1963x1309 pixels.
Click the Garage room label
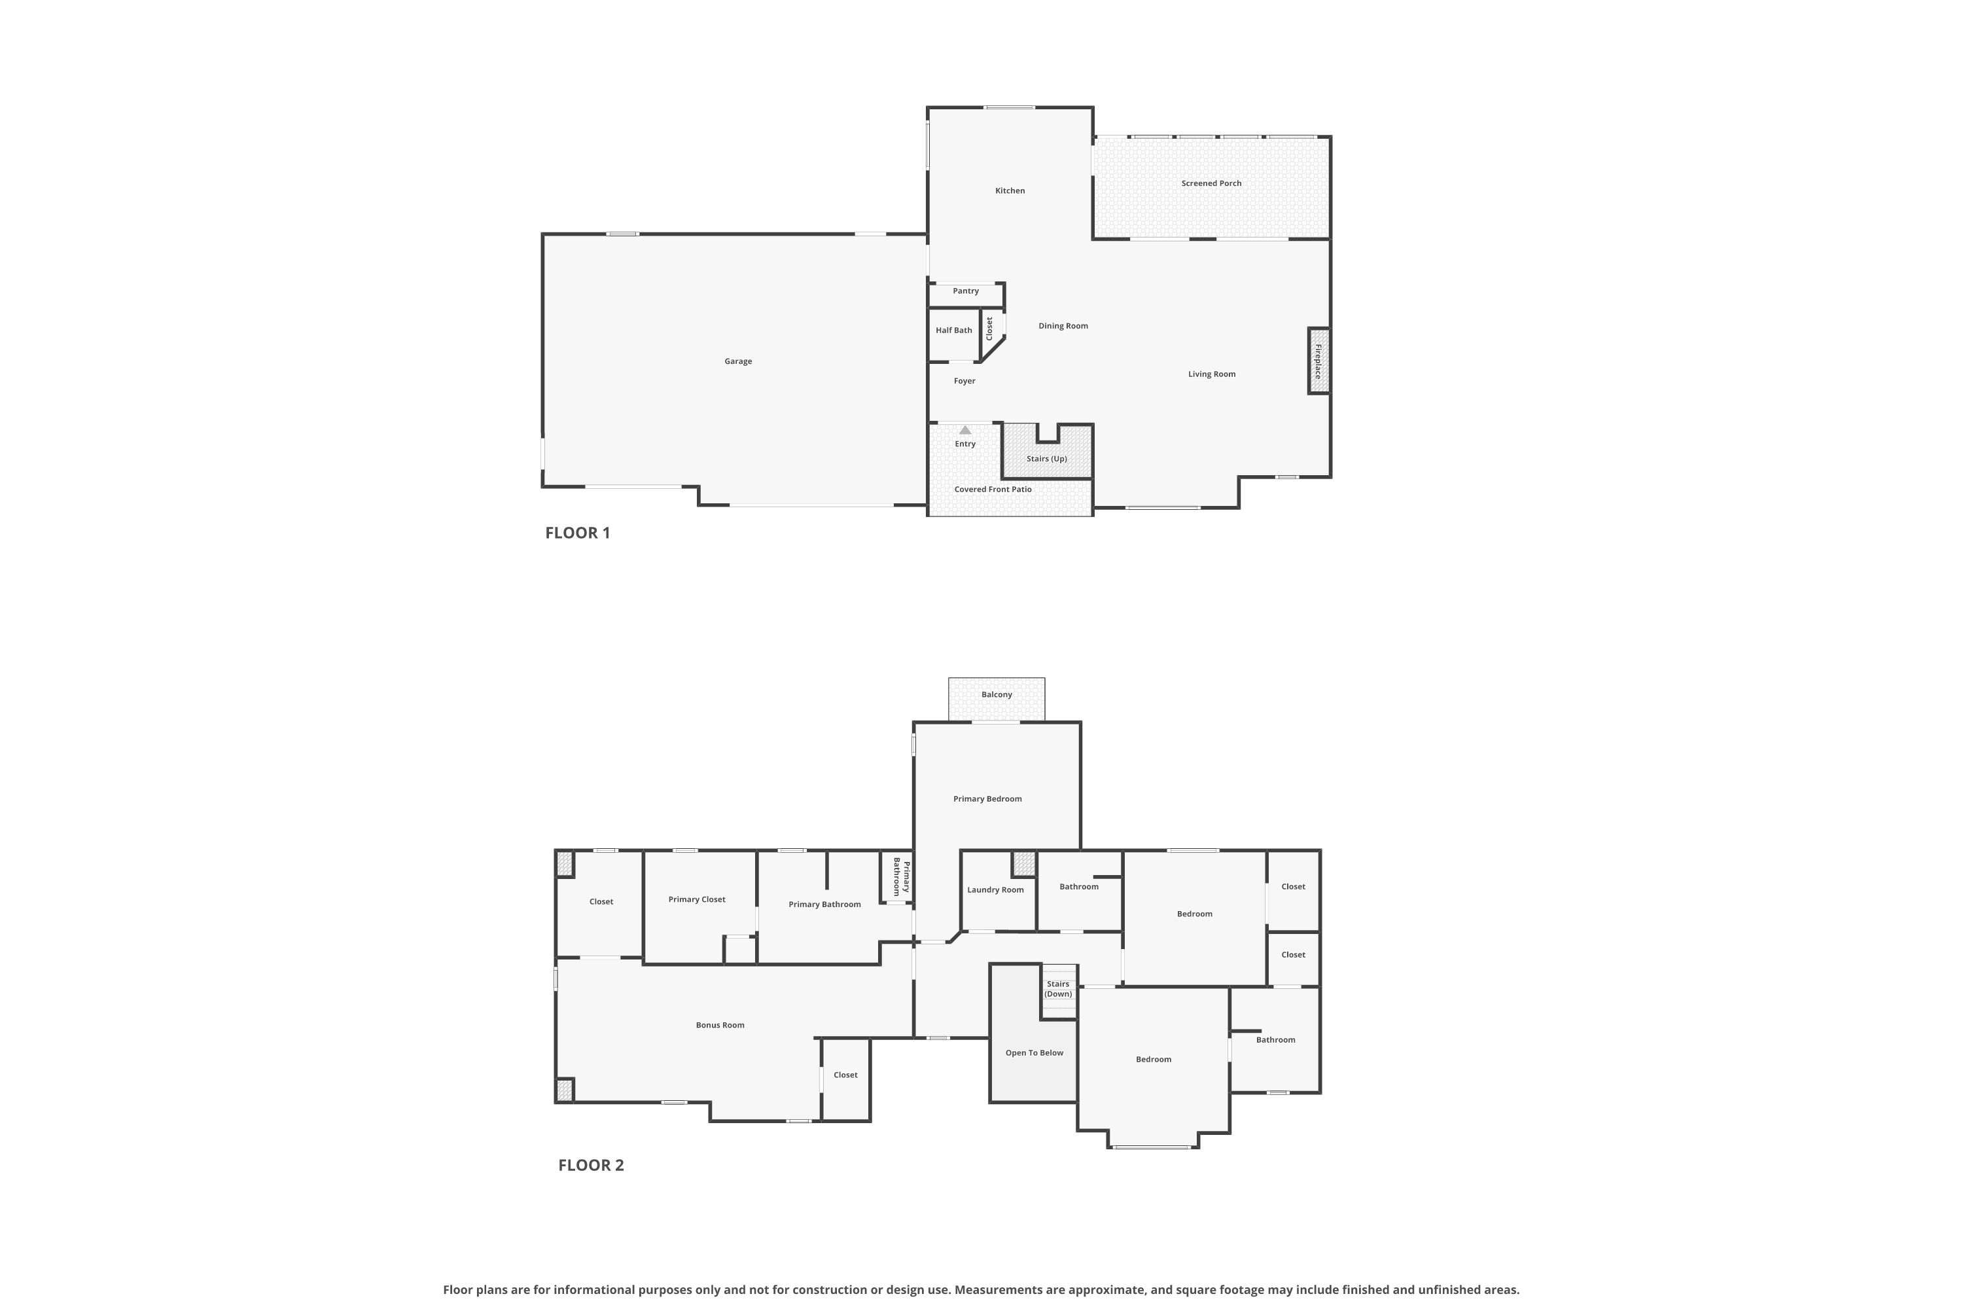coord(738,361)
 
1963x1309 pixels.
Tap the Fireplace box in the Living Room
coord(1318,361)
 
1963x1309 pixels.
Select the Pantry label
coord(966,291)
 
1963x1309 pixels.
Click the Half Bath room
coord(954,334)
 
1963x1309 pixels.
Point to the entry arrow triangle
coord(964,430)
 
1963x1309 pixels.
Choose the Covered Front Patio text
coord(993,489)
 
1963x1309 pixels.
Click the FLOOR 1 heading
coord(578,533)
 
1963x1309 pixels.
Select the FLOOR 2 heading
coord(591,1166)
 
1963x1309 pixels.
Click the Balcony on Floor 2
coord(997,700)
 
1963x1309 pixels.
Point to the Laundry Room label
coord(995,890)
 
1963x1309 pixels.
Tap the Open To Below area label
coord(1034,1052)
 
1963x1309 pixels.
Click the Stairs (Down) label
coord(1058,989)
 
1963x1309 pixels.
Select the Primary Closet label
coord(697,900)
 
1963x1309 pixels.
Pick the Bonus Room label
coord(720,1025)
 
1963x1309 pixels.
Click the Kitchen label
coord(1010,191)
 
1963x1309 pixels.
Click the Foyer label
coord(964,382)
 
